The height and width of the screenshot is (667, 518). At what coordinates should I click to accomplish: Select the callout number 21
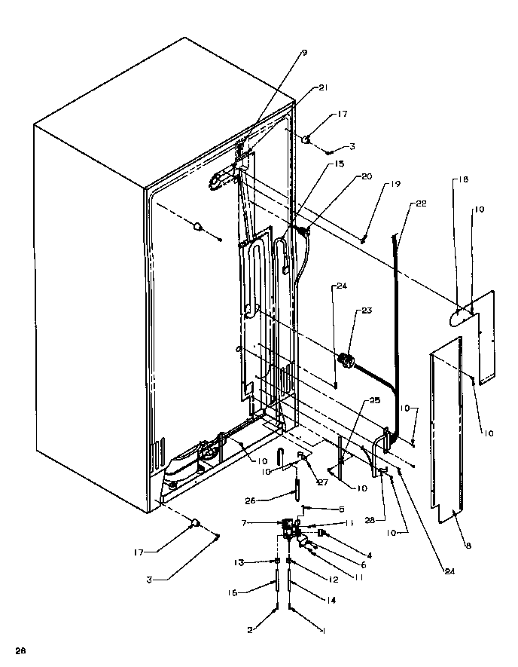pyautogui.click(x=323, y=88)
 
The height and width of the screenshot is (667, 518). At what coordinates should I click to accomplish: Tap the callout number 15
pyautogui.click(x=318, y=164)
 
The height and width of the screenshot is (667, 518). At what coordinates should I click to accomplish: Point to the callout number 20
pyautogui.click(x=366, y=176)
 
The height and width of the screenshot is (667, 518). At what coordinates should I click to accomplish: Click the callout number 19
pyautogui.click(x=396, y=184)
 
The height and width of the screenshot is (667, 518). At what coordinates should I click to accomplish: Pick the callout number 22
pyautogui.click(x=420, y=203)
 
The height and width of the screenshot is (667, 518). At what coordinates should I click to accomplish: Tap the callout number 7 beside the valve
pyautogui.click(x=264, y=522)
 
